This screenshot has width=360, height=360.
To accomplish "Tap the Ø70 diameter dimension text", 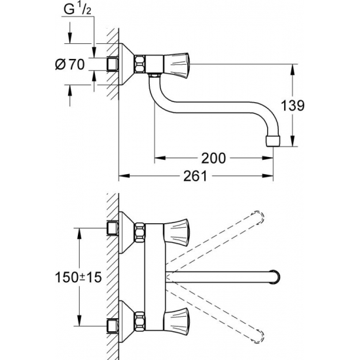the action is [70, 64].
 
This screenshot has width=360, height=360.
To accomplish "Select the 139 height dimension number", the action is [293, 105].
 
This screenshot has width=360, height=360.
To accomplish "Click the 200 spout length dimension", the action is [213, 158].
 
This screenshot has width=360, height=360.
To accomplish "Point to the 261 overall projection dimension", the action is [195, 176].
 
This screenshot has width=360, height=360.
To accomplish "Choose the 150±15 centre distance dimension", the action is [79, 278].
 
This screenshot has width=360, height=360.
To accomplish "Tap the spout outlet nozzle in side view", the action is [273, 141].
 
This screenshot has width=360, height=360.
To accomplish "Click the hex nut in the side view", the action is [140, 64].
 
